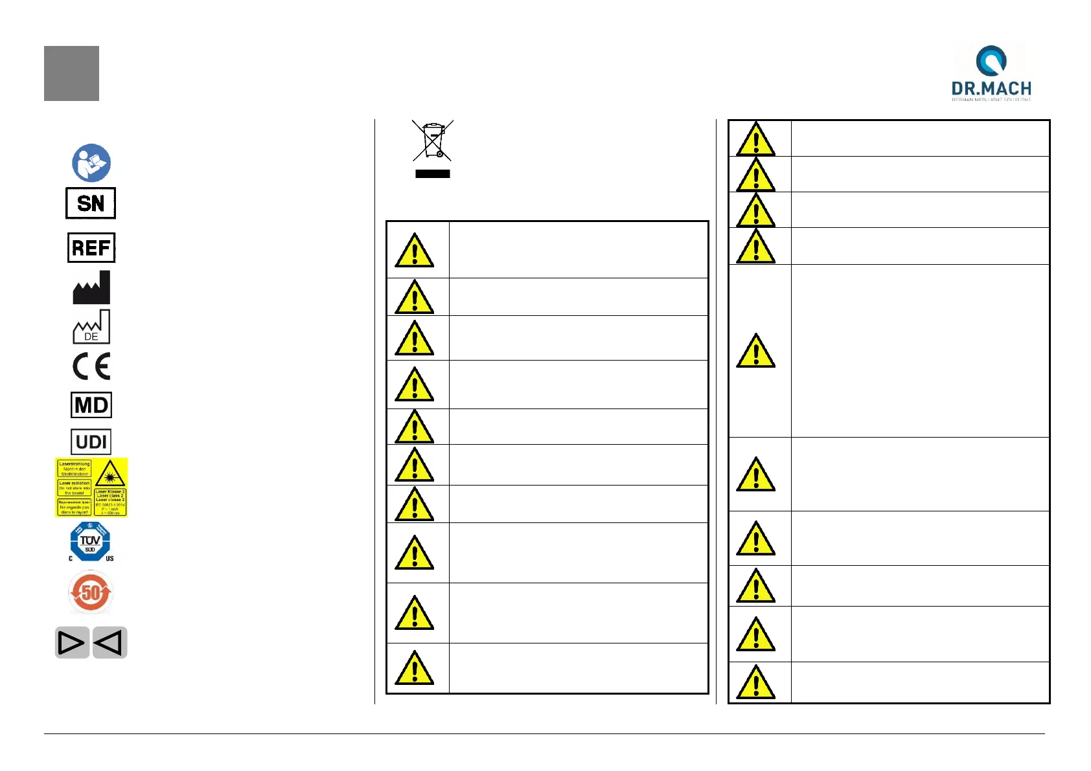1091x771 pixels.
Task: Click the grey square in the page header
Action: click(71, 73)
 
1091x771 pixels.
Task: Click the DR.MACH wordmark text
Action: click(991, 89)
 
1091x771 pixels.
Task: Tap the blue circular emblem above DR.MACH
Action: click(991, 61)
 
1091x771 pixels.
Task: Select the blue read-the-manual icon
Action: click(91, 162)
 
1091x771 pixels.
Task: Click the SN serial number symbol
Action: click(91, 203)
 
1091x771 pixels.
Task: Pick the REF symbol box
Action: click(91, 247)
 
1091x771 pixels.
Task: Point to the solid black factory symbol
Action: click(91, 288)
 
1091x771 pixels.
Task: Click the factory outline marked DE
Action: click(91, 327)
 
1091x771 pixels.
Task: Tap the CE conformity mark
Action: click(91, 366)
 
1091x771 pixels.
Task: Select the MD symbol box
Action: click(91, 405)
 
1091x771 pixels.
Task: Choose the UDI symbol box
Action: click(91, 442)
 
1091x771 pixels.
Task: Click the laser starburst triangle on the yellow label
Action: click(110, 475)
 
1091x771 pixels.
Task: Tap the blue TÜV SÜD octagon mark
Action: click(90, 541)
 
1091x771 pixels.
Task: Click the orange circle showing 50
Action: click(91, 592)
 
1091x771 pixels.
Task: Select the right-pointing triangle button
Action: click(72, 643)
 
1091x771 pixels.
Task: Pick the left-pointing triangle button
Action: click(109, 643)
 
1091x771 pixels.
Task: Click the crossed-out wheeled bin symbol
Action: click(433, 140)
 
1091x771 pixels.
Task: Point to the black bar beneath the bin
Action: click(433, 174)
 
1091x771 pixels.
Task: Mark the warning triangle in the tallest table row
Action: click(755, 352)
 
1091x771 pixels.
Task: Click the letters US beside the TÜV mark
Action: click(109, 558)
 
